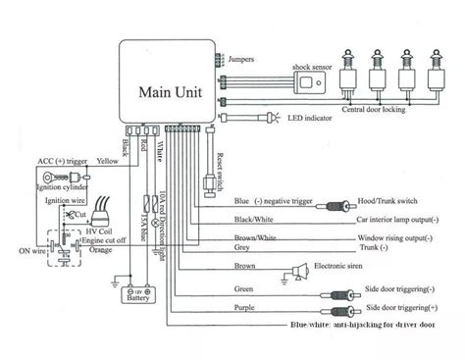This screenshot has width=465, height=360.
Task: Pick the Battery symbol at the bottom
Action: click(129, 293)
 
